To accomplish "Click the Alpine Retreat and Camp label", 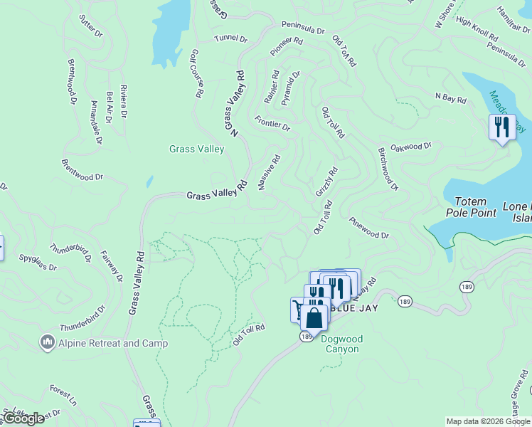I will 114,344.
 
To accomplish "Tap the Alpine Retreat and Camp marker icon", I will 48,343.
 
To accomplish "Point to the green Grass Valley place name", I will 197,149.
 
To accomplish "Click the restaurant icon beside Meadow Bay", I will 502,127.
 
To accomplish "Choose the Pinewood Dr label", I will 370,228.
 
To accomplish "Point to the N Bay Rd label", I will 450,99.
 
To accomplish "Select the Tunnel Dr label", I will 230,38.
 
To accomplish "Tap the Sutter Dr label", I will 91,26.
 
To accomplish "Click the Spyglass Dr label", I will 37,263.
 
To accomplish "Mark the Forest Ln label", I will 63,396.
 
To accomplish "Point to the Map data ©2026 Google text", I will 488,421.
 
